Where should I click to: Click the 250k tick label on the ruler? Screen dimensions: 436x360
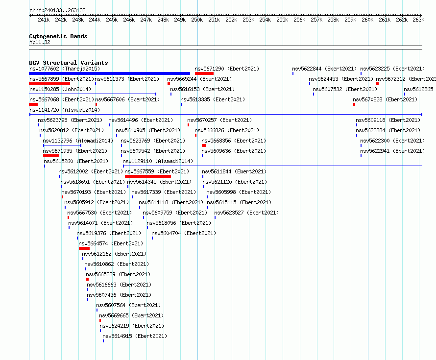197,20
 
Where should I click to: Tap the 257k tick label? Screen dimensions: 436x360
316,20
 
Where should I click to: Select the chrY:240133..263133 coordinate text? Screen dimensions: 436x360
57,11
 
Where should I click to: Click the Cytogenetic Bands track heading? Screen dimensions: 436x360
58,36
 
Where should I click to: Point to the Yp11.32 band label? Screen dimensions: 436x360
40,42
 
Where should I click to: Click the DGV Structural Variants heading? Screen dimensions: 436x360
69,63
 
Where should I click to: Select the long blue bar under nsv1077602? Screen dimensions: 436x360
110,73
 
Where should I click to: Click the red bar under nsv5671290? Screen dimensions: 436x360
204,73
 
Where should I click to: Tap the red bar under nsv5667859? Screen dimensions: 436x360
49,84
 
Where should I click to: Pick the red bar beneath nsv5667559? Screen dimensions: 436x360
148,176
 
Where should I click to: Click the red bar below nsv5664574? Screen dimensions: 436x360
84,248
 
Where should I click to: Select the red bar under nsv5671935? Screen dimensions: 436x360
51,156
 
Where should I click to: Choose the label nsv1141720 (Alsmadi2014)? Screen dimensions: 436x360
65,110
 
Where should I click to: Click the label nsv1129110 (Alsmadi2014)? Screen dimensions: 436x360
158,161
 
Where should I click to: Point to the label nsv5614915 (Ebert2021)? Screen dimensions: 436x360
135,336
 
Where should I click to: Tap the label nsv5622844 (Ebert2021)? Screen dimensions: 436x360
324,69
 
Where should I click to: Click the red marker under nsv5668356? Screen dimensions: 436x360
204,145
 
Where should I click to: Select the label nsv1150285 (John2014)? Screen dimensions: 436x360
60,89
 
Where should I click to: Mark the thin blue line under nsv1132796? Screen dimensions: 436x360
62,145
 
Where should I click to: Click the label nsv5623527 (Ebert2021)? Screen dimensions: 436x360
246,213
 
